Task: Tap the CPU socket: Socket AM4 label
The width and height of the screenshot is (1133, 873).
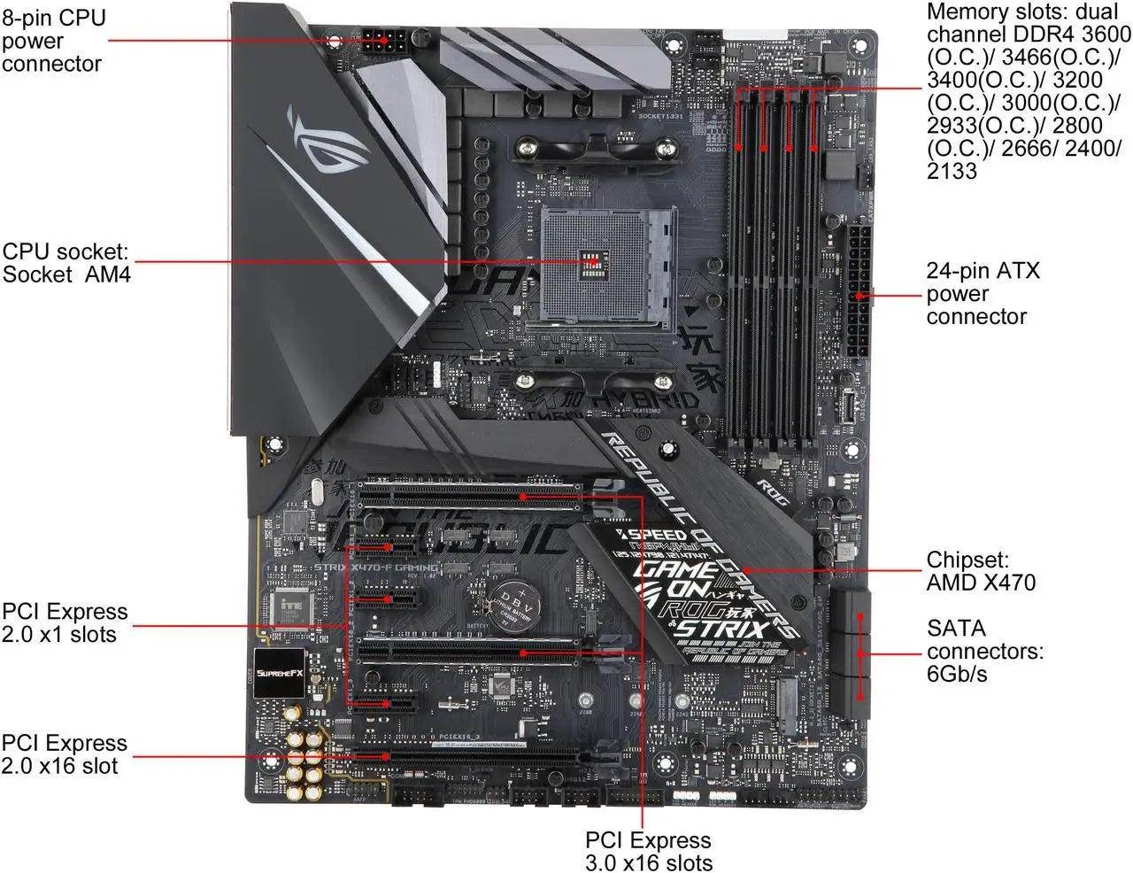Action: pos(66,262)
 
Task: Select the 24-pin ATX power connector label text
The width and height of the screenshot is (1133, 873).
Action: pos(983,293)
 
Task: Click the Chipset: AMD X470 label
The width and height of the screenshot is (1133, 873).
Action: pos(980,571)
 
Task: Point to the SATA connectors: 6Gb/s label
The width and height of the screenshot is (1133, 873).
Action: pos(984,651)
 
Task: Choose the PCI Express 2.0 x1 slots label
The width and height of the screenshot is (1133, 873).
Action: pos(64,622)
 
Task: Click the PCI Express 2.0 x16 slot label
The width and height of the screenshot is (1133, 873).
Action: pos(64,753)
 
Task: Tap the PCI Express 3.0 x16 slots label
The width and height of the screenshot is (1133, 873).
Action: pos(648,851)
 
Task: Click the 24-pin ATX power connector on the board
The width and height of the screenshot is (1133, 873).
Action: pos(858,290)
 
